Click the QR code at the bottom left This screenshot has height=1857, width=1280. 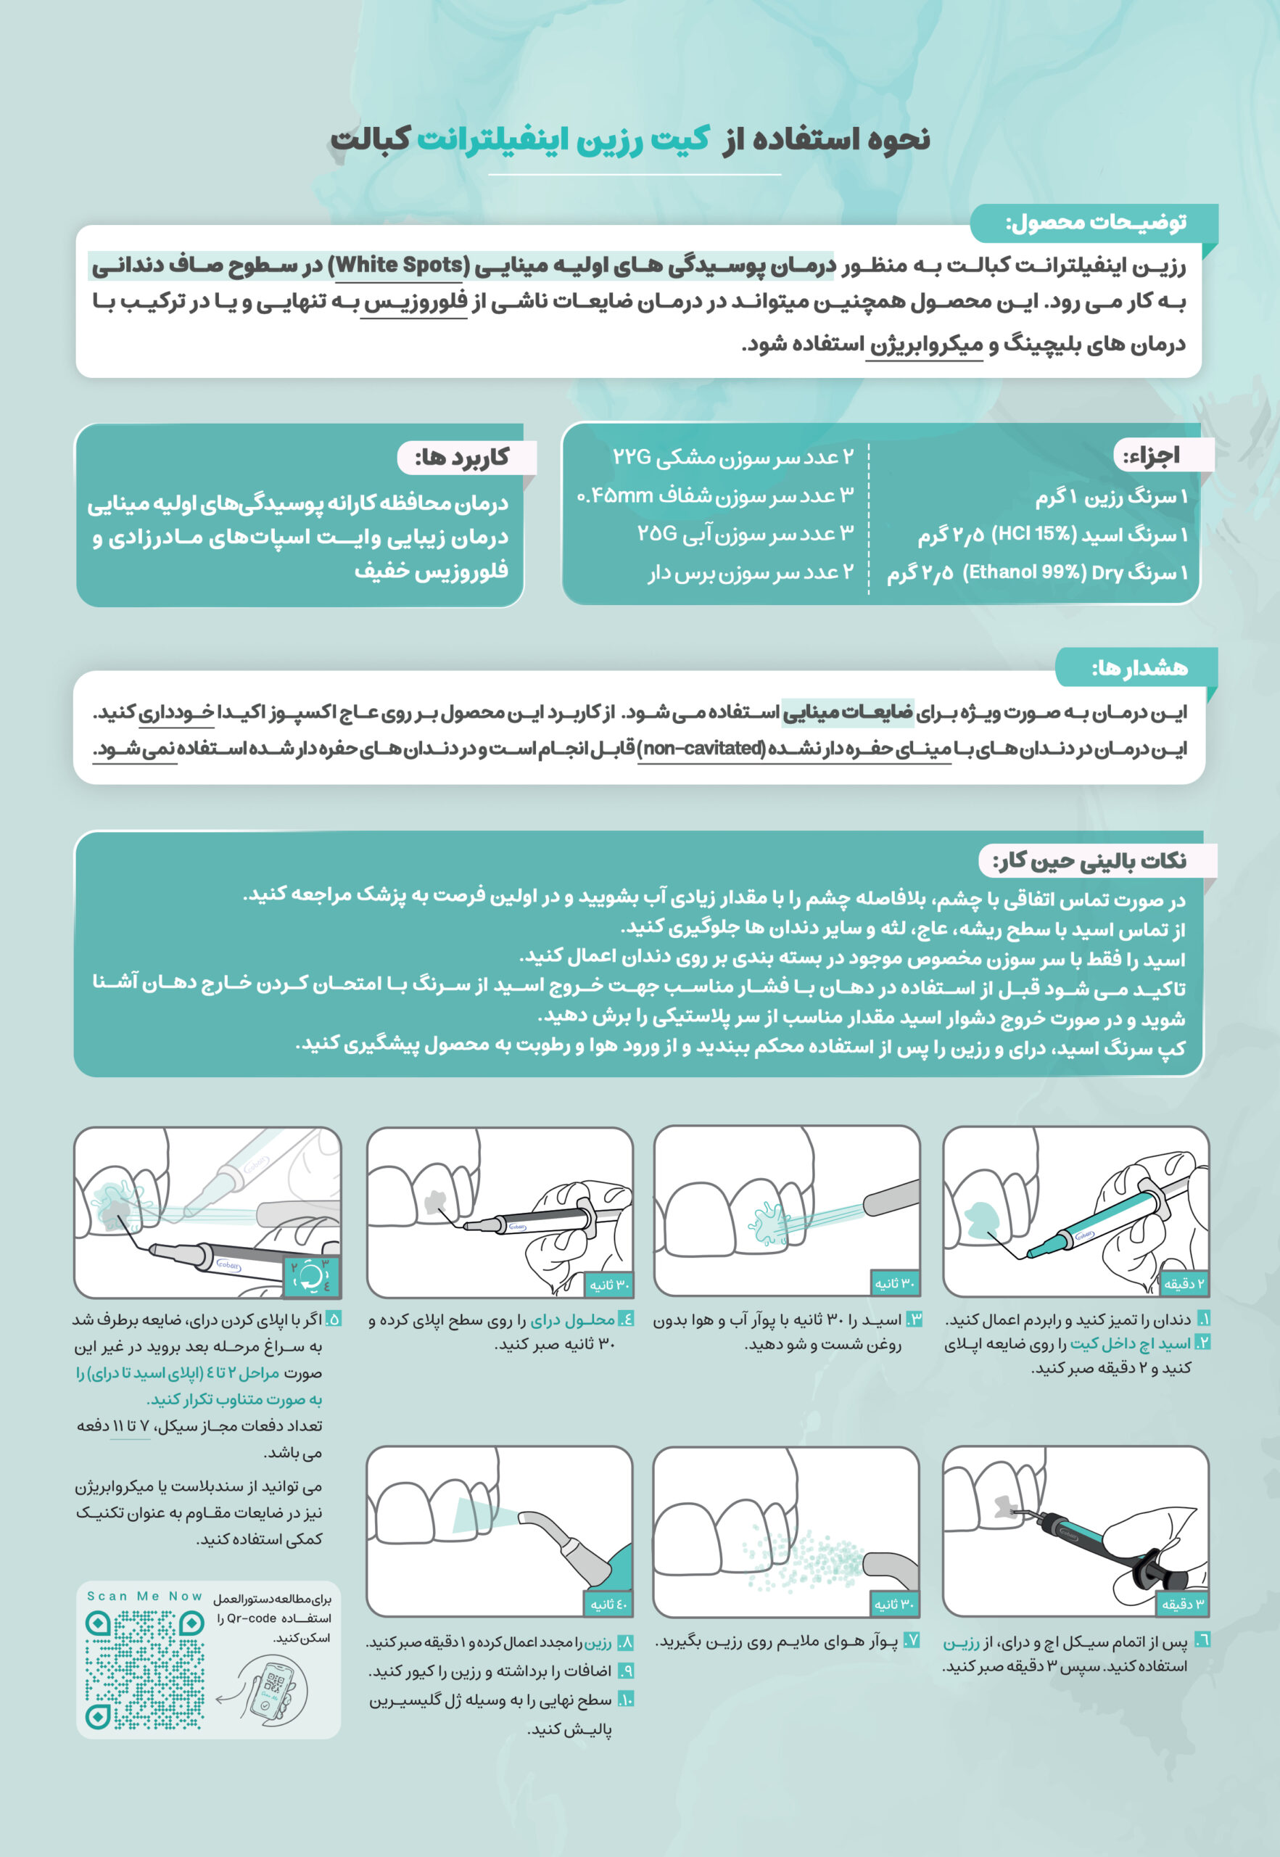(x=144, y=1670)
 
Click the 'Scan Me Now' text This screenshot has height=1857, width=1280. (x=144, y=1597)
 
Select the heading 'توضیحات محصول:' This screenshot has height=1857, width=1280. (x=1096, y=223)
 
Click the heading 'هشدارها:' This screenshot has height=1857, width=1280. (x=1139, y=667)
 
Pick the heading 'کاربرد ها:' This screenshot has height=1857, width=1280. (x=462, y=457)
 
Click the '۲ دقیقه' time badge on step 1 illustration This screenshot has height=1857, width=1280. (x=1184, y=1284)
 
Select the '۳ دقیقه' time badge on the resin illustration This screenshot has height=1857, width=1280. (x=1183, y=1605)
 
